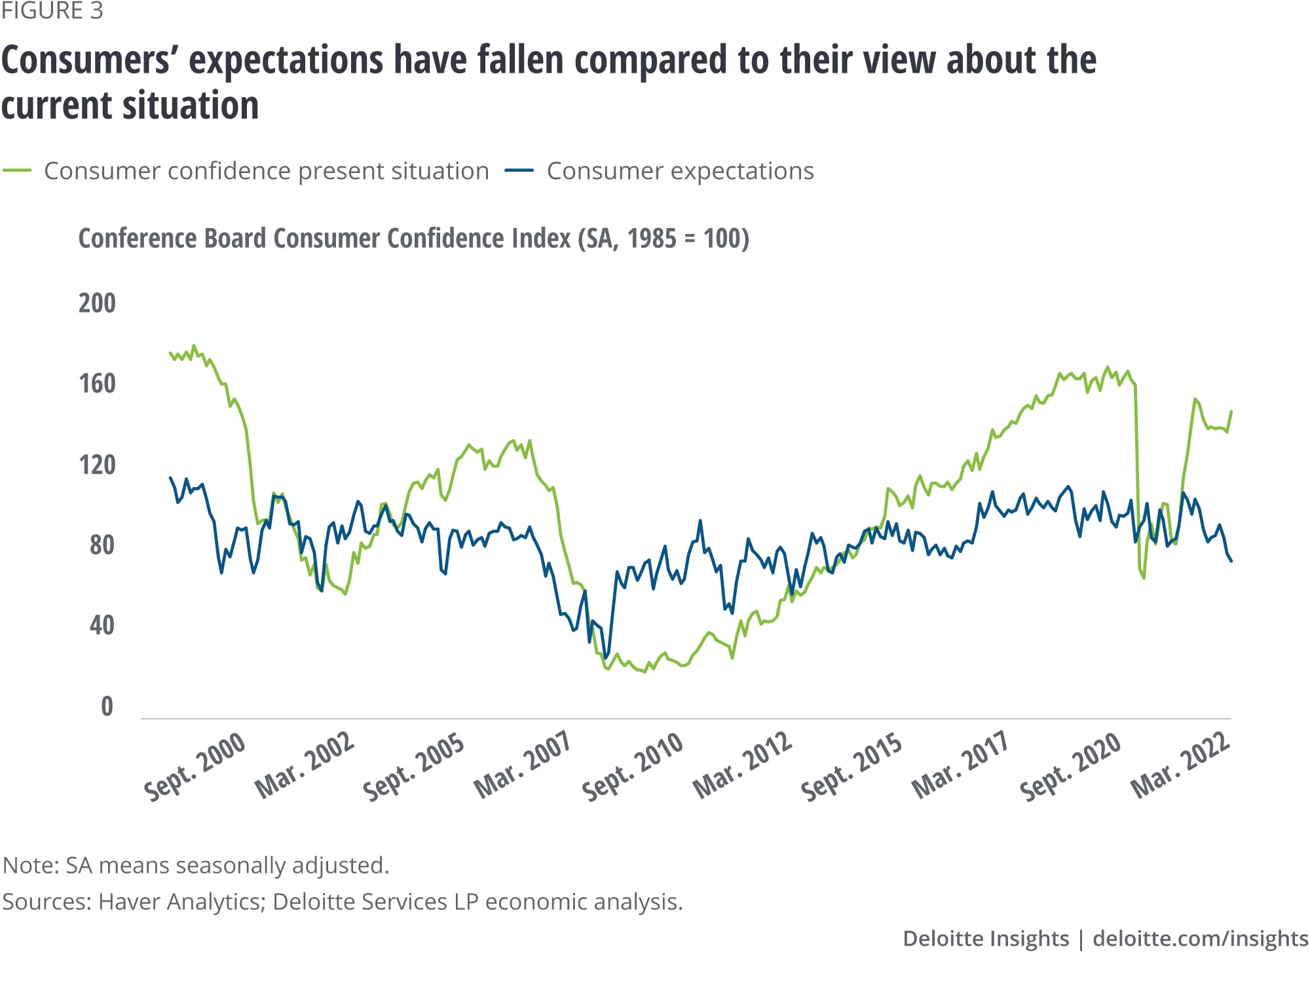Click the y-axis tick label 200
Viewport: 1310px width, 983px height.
coord(97,303)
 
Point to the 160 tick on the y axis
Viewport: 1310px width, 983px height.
coord(97,384)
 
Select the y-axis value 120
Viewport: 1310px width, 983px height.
coord(97,465)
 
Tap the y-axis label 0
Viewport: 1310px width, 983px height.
coord(107,706)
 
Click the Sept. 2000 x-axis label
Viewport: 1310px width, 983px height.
coord(195,767)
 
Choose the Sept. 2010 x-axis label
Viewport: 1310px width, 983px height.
coord(633,767)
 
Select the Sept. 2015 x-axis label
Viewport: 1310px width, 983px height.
coord(851,767)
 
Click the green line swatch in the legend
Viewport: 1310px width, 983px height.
coord(17,171)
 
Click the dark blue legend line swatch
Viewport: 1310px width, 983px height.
coord(519,171)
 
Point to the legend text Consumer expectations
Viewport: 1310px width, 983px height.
coord(680,171)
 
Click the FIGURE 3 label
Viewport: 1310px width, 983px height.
coord(52,11)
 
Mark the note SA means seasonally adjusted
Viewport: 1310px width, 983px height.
coord(196,865)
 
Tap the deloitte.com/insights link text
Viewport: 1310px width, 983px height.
coord(1200,938)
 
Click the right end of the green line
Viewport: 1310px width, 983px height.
coord(1231,412)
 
